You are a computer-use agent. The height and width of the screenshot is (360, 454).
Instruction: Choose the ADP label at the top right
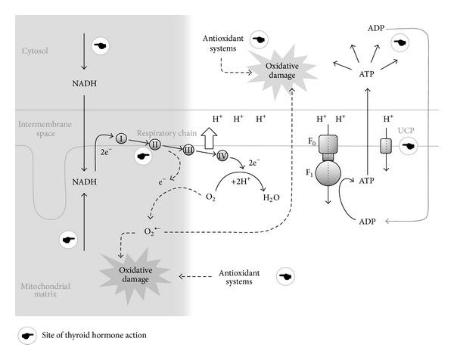[x=375, y=27]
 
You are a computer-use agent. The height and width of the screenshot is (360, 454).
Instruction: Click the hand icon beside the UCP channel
[x=410, y=145]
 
